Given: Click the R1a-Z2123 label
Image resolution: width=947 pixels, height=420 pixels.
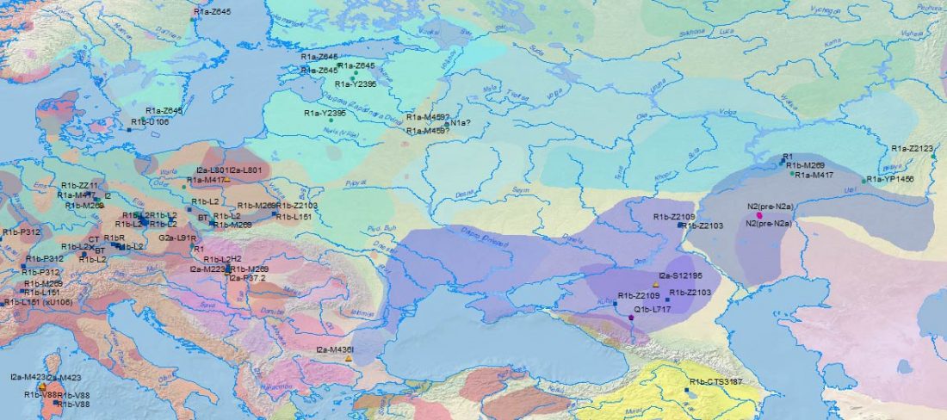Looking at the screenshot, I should click(x=912, y=149).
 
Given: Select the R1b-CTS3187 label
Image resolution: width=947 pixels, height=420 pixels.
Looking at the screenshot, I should click(x=716, y=381).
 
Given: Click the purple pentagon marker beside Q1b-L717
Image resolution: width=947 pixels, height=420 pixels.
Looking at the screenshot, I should click(x=632, y=318).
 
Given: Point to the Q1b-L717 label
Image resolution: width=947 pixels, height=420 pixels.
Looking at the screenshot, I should click(x=653, y=308).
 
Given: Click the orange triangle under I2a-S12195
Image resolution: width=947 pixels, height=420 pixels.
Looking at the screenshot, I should click(x=656, y=284).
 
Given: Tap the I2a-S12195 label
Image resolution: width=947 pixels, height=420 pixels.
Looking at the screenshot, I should click(x=680, y=275).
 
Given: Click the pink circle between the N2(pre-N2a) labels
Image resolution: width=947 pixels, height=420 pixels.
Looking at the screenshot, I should click(x=759, y=215).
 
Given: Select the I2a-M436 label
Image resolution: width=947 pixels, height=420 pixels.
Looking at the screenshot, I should click(x=335, y=349).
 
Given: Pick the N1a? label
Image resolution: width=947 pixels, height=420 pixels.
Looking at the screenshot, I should click(x=460, y=124).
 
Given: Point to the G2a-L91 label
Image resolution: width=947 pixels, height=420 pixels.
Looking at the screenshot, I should click(x=176, y=237).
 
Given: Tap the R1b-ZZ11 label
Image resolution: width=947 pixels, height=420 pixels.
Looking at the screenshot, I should click(x=79, y=186).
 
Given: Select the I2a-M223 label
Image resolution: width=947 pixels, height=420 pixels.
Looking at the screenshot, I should click(x=207, y=269).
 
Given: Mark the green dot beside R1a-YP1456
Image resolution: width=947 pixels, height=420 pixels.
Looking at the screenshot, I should click(x=863, y=181).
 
